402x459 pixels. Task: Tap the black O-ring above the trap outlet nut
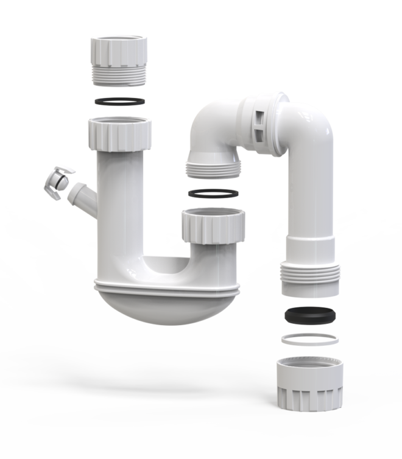click(x=213, y=194)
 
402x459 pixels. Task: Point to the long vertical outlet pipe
click(x=311, y=195)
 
